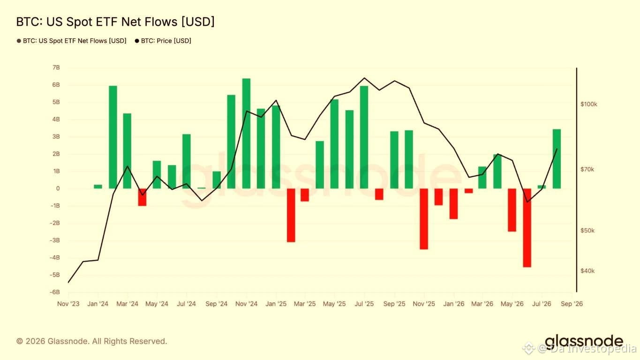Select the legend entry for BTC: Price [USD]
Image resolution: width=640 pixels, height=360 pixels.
tap(163, 41)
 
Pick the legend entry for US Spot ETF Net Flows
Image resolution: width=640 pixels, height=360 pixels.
tap(71, 41)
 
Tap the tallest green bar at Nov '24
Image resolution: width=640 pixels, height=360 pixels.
tap(246, 134)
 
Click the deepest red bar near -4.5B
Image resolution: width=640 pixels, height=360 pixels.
tap(527, 228)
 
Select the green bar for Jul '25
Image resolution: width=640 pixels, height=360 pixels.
tap(364, 137)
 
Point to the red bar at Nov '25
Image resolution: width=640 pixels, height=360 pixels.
tap(424, 219)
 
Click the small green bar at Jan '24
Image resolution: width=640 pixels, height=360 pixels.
tap(98, 187)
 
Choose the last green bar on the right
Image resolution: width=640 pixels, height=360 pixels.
tap(557, 159)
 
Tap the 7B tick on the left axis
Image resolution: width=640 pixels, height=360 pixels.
tap(56, 67)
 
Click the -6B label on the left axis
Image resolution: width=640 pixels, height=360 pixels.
tap(55, 292)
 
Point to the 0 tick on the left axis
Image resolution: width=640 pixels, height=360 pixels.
tap(58, 188)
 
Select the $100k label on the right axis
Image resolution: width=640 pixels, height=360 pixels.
tap(589, 104)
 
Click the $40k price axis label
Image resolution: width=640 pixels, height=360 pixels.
tap(587, 271)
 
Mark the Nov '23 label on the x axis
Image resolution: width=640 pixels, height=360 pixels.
tap(68, 304)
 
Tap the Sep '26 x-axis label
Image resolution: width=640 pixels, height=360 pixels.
tap(572, 304)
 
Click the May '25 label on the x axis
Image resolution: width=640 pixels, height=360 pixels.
tap(334, 304)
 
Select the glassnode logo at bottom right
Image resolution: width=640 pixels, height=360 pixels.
tap(584, 341)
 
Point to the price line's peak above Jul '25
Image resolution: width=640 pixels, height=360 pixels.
tap(364, 78)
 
